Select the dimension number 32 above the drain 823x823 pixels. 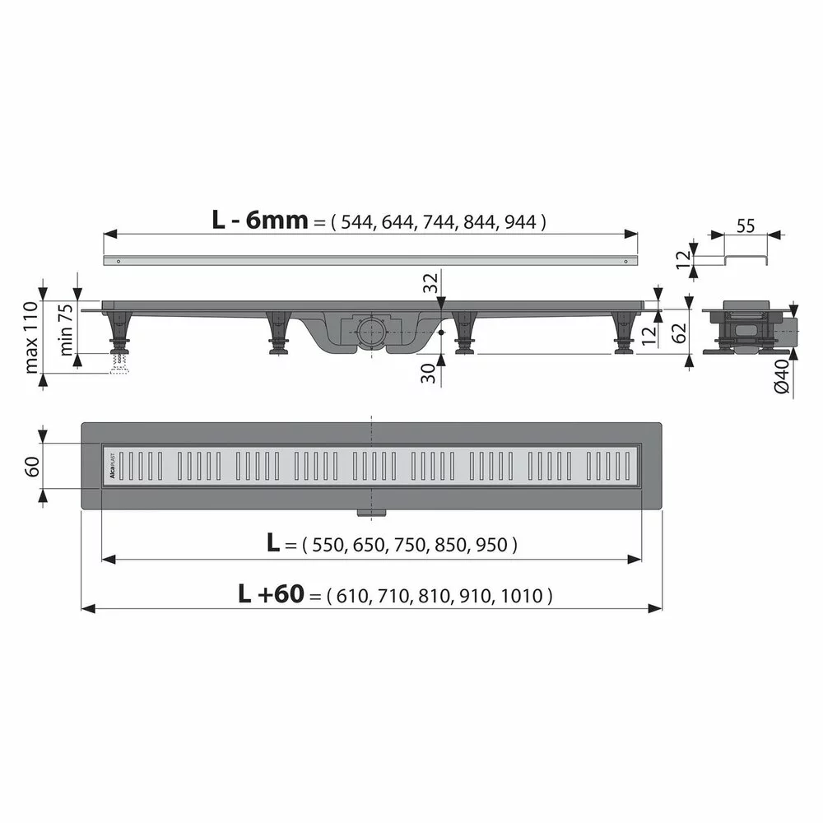click(x=429, y=285)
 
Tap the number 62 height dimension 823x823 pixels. click(x=680, y=332)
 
